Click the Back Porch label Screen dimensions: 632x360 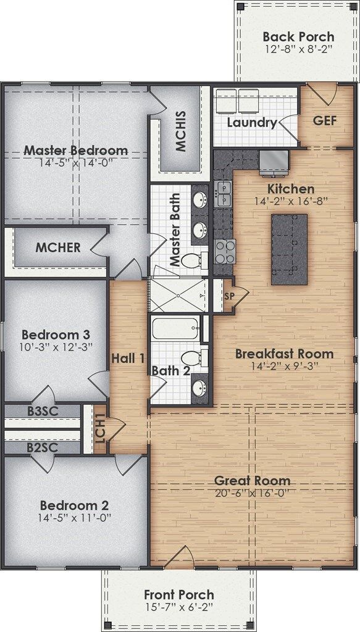[298, 36]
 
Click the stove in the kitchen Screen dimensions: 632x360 [224, 251]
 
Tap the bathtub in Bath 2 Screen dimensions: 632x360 [176, 334]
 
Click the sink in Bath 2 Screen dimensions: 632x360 [199, 389]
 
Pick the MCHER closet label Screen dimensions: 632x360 [57, 248]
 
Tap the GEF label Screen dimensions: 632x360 [325, 120]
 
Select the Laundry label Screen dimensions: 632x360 [251, 122]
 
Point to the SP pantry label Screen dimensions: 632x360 [229, 297]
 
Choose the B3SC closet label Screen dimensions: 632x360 [41, 410]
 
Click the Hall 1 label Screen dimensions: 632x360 [128, 358]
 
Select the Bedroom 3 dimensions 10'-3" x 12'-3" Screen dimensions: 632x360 [56, 347]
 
